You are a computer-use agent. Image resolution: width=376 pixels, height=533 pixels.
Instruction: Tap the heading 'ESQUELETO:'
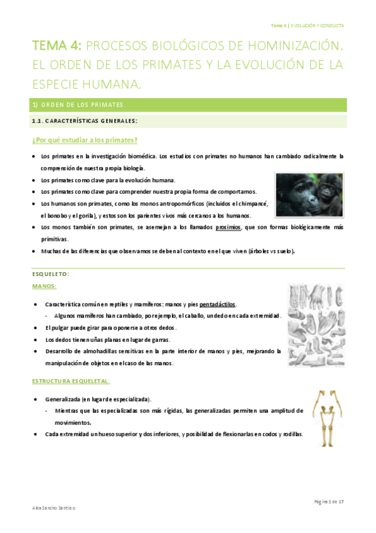click(x=50, y=275)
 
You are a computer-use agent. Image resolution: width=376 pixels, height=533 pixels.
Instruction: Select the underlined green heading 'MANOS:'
click(x=44, y=286)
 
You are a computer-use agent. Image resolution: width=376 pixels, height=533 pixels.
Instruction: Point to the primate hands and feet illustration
click(x=315, y=325)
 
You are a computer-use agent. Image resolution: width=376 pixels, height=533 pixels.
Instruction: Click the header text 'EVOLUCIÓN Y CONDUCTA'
click(x=316, y=26)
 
